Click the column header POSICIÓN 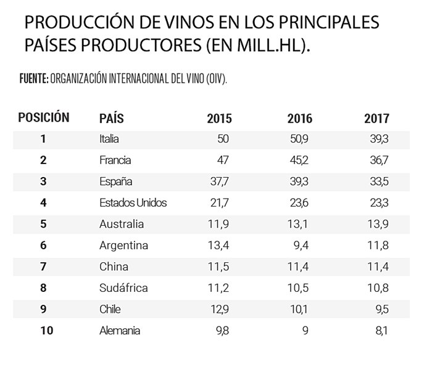(43, 117)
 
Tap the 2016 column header (300, 118)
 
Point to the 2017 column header (376, 118)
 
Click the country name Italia (109, 139)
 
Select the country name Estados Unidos (133, 203)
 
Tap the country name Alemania (120, 331)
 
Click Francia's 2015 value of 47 (223, 160)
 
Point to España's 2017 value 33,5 (378, 182)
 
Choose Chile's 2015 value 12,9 (220, 310)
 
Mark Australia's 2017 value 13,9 (378, 225)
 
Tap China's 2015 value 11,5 (220, 267)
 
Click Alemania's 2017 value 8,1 (381, 331)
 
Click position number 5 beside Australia (43, 225)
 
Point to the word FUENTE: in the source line (34, 80)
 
